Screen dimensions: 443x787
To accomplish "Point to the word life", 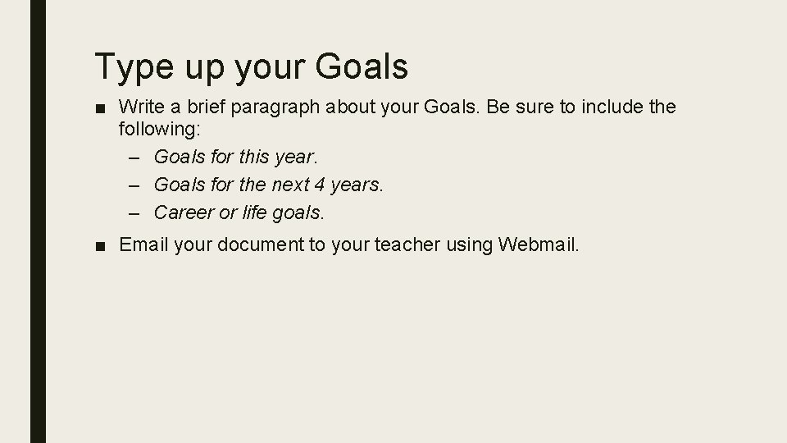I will (255, 212).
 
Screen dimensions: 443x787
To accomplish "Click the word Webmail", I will (538, 244).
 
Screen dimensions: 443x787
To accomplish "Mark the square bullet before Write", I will (102, 107).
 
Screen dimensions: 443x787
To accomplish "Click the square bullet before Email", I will (102, 245).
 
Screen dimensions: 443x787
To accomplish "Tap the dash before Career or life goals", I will (135, 212).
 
